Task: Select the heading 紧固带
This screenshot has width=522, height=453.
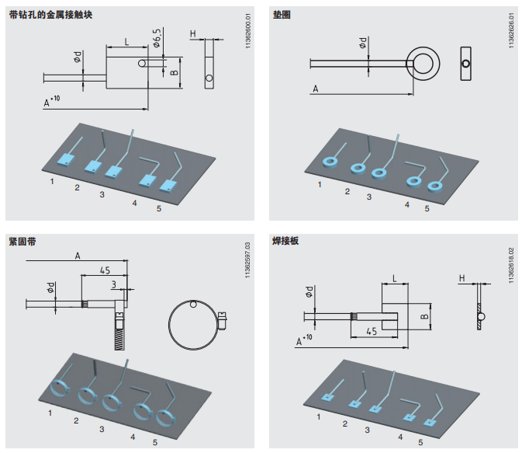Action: (x=22, y=242)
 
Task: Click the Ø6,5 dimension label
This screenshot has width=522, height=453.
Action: (x=157, y=38)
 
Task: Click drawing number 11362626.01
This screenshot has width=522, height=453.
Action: (x=512, y=32)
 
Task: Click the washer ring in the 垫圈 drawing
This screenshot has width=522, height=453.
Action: (x=423, y=62)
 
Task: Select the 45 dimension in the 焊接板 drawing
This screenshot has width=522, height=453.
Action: (x=372, y=331)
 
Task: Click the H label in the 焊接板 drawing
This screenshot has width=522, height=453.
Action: (x=462, y=277)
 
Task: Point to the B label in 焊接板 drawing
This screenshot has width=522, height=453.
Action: (x=424, y=316)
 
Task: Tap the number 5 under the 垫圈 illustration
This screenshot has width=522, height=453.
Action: (x=427, y=208)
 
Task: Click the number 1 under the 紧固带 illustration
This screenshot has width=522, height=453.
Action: (x=50, y=413)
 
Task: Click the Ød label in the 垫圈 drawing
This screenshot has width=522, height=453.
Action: (x=365, y=44)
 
